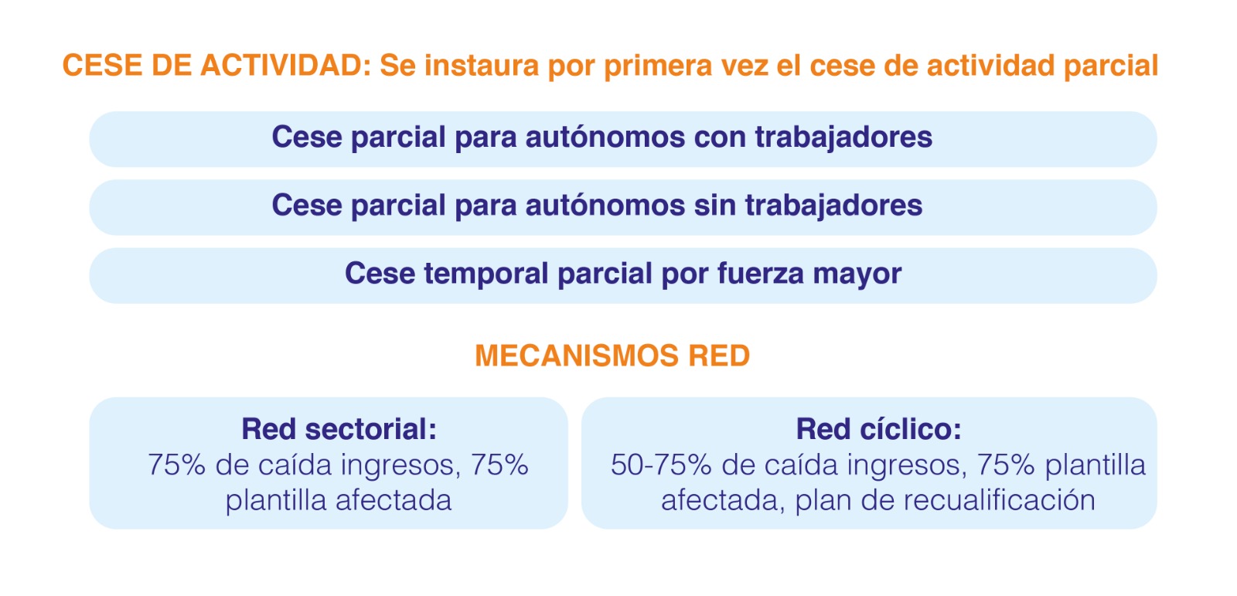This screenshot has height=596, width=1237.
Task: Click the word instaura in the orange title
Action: tap(481, 65)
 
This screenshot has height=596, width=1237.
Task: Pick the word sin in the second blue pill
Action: tap(715, 205)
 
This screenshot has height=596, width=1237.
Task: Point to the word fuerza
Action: tap(761, 274)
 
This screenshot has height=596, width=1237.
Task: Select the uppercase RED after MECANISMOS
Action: tap(719, 355)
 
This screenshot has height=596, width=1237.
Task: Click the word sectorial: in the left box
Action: tap(371, 429)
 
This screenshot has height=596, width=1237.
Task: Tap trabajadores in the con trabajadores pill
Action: tap(843, 138)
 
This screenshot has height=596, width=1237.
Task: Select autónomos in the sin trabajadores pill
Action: tap(605, 205)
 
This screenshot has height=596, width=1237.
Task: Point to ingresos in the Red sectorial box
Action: tap(400, 465)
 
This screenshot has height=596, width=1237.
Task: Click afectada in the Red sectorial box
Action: tap(394, 500)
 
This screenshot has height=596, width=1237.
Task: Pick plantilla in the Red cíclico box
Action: tap(1096, 465)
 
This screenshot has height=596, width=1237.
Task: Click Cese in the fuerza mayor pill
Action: tap(380, 274)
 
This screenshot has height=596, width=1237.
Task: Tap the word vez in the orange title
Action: tap(745, 66)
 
